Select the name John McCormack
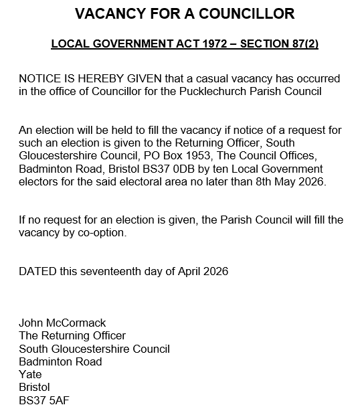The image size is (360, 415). [x=62, y=323]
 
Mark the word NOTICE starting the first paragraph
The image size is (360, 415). [x=39, y=79]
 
